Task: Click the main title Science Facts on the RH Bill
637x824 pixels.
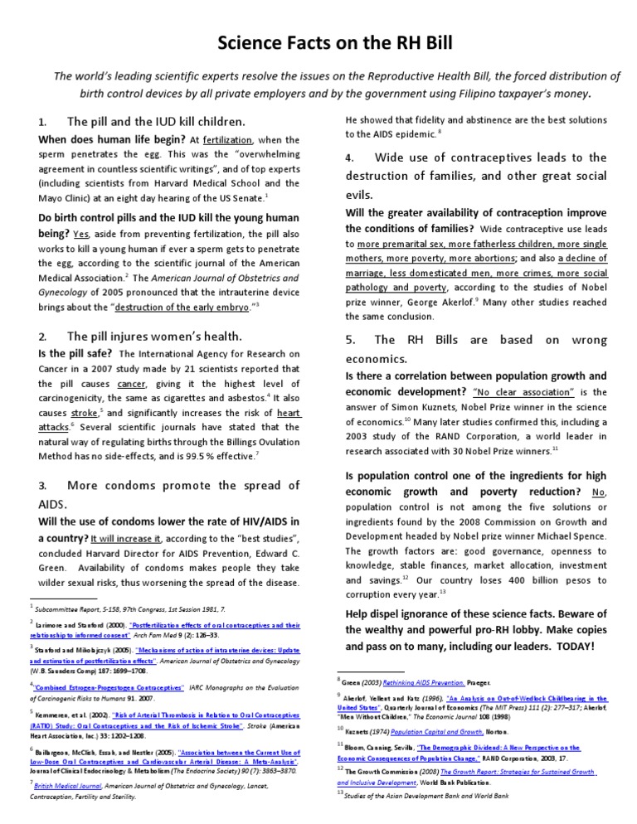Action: pos(318,42)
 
